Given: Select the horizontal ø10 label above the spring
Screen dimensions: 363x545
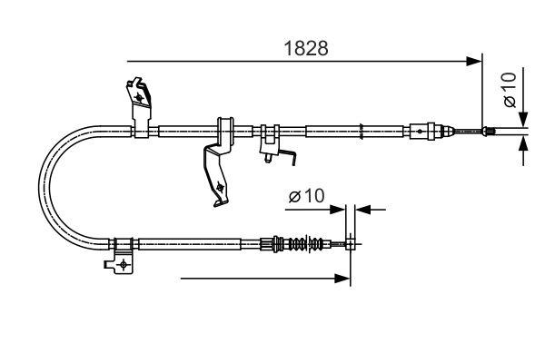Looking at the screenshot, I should pos(305,197).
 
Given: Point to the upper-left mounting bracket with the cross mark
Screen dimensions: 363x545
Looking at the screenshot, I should pos(139,100).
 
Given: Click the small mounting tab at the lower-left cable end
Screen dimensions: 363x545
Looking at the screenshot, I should pos(120,262).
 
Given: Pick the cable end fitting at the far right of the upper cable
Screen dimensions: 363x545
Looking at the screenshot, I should pos(488,132).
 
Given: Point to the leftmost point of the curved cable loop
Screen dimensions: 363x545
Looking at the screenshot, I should pos(42,186).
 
